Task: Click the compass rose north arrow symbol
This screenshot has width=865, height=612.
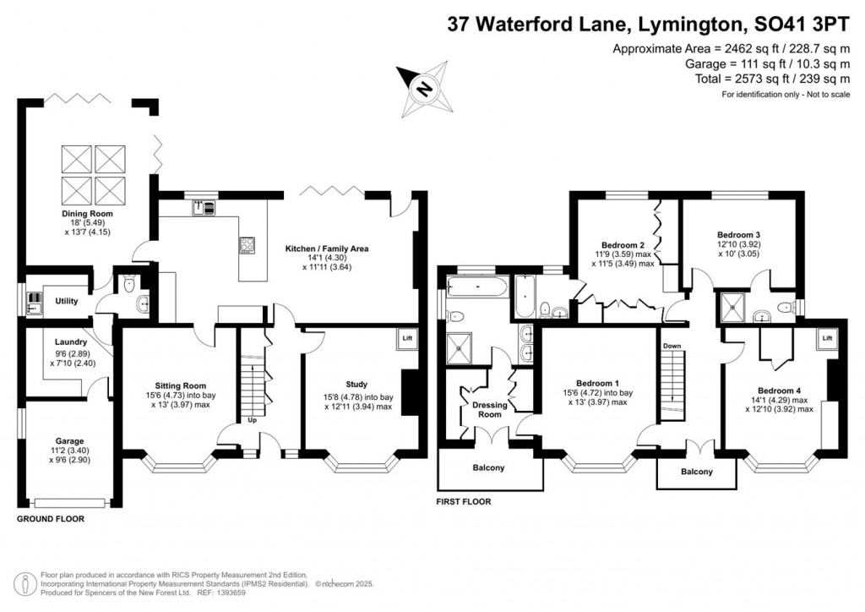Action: (426, 86)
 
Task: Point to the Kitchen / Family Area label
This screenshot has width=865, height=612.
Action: (327, 249)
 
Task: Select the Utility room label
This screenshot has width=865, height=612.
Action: (67, 300)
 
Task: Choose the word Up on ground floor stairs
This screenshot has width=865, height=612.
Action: (252, 419)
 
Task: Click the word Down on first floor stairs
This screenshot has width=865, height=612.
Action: (672, 346)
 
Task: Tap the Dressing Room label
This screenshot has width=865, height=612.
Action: (490, 409)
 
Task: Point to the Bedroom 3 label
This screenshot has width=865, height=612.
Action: (739, 234)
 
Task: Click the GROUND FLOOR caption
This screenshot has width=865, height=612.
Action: (51, 519)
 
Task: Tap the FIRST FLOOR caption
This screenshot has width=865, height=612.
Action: (463, 501)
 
